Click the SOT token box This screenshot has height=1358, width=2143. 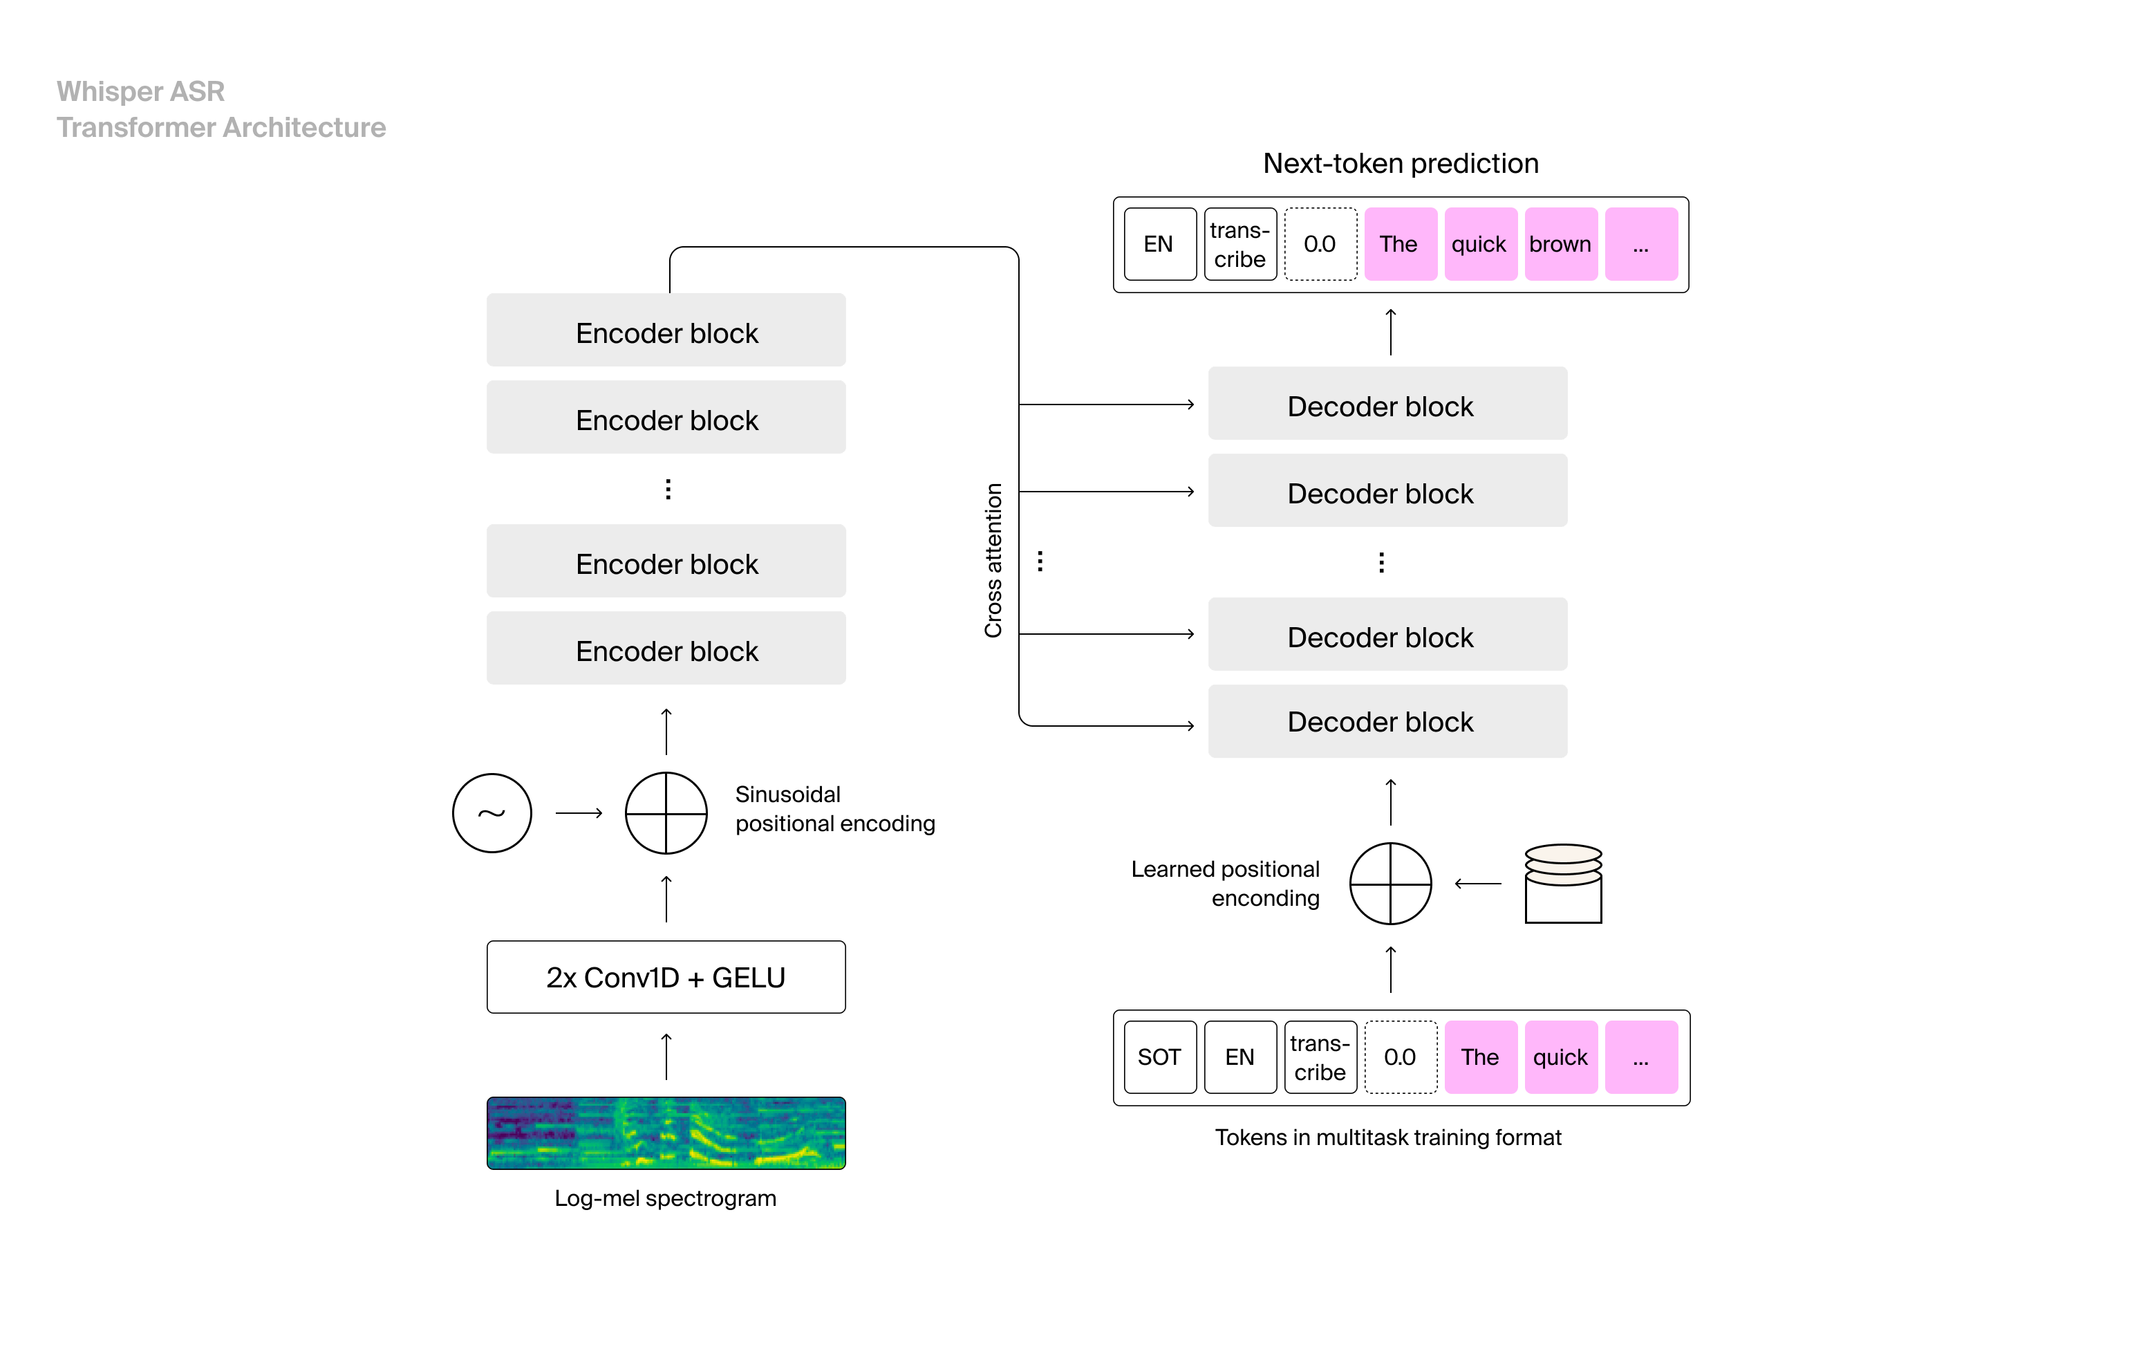(1159, 1057)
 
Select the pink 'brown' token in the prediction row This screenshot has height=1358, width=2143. (1560, 244)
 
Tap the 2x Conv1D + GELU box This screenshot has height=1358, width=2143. (666, 977)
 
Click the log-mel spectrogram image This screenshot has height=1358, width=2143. (666, 1132)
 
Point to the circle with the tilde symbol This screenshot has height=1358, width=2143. (492, 812)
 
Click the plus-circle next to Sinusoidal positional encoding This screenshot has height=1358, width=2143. (666, 812)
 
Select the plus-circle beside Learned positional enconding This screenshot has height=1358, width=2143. (1390, 883)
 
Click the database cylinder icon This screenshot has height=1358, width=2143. (1563, 884)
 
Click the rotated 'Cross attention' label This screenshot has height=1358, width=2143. (993, 561)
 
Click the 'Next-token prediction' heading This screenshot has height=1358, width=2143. (1400, 164)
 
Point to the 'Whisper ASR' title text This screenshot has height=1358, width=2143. (140, 92)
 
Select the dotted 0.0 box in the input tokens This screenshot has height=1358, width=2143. (1400, 1057)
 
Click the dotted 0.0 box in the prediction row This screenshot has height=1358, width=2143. (1320, 244)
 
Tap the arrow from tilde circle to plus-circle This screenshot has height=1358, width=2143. (579, 812)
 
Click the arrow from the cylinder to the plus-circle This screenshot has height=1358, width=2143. (1477, 884)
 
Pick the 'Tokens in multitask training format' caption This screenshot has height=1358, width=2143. (1387, 1137)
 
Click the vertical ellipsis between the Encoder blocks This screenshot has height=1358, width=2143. (668, 489)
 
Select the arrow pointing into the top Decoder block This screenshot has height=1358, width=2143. (1106, 405)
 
